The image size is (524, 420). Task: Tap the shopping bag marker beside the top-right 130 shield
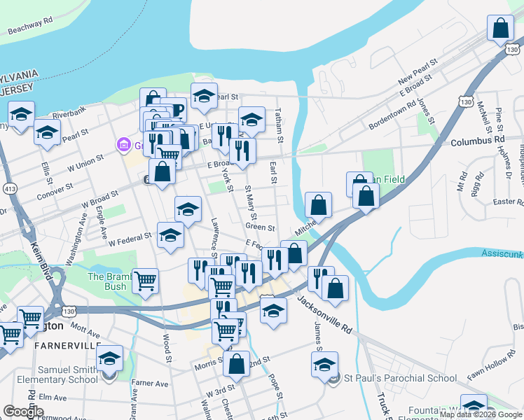click(501, 30)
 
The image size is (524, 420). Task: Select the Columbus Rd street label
click(477, 141)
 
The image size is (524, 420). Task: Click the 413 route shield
click(10, 188)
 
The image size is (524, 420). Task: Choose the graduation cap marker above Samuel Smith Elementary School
click(109, 359)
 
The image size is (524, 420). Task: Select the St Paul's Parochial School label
click(401, 379)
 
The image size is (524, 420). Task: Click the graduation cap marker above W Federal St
click(170, 236)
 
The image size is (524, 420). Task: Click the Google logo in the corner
click(24, 412)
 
